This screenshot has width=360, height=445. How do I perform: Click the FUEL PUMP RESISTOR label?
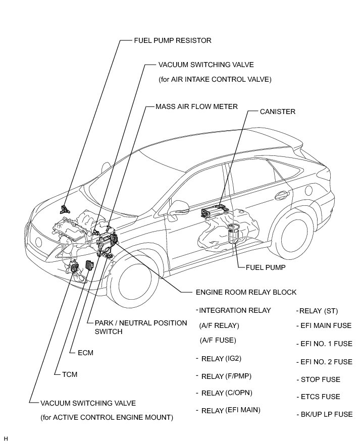172,40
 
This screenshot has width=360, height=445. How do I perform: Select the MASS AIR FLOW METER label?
196,107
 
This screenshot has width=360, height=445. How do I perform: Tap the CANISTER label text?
277,112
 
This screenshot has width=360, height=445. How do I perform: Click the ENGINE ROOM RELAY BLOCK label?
246,292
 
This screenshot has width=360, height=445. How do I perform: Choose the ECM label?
86,353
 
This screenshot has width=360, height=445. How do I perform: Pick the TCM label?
69,374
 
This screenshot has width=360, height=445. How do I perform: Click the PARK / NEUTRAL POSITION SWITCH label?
137,327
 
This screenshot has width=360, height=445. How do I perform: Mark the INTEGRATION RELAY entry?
235,310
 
